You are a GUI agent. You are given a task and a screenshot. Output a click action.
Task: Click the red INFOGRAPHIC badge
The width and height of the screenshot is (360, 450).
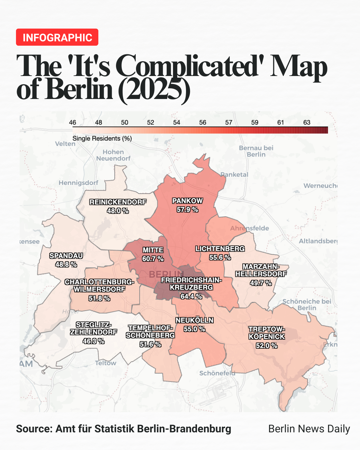click(x=57, y=37)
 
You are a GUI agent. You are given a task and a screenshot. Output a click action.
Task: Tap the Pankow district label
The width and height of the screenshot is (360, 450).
click(x=187, y=201)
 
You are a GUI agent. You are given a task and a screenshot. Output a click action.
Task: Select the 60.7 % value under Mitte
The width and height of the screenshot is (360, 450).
click(x=153, y=259)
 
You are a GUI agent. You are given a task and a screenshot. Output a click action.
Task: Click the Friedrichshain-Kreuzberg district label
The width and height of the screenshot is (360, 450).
click(x=191, y=284)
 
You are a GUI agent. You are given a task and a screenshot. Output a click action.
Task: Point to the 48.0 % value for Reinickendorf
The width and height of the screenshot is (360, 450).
click(x=118, y=211)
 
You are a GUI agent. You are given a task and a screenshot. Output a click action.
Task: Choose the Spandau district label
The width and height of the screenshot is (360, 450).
click(x=66, y=256)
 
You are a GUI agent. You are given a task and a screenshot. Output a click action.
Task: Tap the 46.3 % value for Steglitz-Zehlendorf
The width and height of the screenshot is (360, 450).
click(x=94, y=341)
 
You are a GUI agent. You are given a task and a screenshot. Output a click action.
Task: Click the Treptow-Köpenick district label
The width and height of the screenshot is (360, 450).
click(x=267, y=333)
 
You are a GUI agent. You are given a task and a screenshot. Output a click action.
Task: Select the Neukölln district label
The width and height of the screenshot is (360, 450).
click(x=194, y=320)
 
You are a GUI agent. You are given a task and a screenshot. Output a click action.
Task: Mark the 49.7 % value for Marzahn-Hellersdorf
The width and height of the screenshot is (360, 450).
click(x=261, y=283)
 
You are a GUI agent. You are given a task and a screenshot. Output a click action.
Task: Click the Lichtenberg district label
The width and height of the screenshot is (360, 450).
click(x=220, y=249)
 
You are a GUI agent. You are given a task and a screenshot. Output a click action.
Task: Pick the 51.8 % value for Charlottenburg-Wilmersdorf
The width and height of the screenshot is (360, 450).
click(x=99, y=298)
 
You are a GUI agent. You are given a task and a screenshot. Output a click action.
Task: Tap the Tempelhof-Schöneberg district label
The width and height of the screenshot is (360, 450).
click(x=150, y=332)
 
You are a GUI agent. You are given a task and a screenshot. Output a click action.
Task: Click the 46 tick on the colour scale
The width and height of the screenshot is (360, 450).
click(x=73, y=122)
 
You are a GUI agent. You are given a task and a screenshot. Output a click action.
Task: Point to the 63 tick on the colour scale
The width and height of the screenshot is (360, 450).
click(x=307, y=122)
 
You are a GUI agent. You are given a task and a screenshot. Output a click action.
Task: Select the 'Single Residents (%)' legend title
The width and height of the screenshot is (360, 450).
click(x=102, y=138)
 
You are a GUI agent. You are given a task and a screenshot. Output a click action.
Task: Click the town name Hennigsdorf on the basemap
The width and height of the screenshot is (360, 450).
click(x=78, y=183)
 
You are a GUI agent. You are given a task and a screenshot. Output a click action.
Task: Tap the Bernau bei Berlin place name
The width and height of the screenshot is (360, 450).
click(x=256, y=151)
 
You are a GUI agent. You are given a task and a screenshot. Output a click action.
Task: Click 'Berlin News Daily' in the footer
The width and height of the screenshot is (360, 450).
click(x=309, y=429)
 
